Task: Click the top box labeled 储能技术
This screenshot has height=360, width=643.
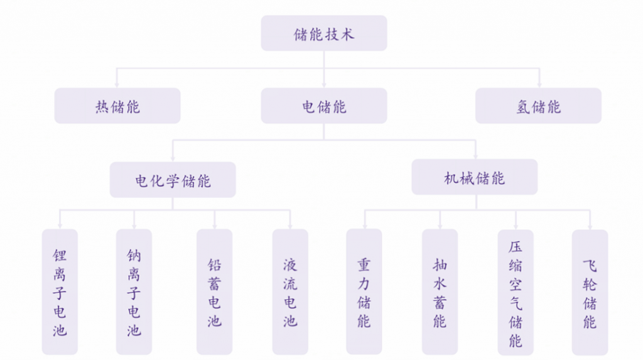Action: click(324, 33)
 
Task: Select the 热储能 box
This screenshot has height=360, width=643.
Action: click(117, 106)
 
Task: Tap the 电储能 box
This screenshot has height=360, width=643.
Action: click(324, 106)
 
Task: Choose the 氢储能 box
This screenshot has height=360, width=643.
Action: click(538, 106)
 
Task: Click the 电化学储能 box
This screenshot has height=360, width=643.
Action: click(173, 180)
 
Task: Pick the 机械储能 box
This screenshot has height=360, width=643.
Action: click(475, 177)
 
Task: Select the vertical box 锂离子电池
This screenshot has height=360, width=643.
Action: click(60, 292)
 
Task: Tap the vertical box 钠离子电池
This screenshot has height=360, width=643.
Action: click(134, 292)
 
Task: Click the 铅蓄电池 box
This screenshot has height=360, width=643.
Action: click(215, 292)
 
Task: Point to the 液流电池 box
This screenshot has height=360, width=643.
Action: click(290, 292)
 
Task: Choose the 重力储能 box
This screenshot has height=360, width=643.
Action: click(364, 292)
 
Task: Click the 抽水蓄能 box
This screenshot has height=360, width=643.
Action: click(440, 292)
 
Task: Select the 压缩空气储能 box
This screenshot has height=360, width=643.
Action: click(516, 292)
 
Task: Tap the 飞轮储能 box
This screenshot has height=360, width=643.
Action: click(590, 292)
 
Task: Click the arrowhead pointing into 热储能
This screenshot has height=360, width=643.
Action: click(117, 85)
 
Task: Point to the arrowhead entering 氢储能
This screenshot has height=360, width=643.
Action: click(539, 85)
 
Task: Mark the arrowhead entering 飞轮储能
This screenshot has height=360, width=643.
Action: click(590, 227)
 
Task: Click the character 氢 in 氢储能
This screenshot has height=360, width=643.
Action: click(523, 107)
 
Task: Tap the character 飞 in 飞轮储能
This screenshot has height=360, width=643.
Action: click(590, 266)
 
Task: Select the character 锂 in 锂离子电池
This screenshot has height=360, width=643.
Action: click(60, 255)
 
